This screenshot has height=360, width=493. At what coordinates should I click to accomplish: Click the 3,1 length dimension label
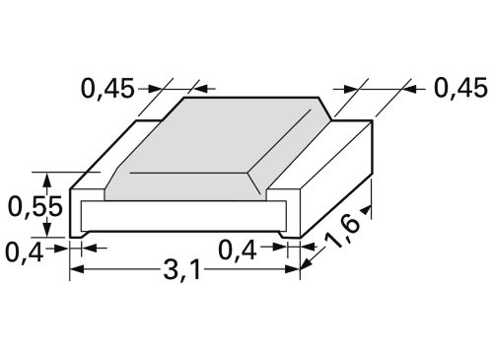pyautogui.click(x=181, y=270)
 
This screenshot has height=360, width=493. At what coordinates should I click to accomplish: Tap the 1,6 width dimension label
pyautogui.click(x=343, y=233)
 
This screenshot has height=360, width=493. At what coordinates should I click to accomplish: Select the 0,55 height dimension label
pyautogui.click(x=35, y=207)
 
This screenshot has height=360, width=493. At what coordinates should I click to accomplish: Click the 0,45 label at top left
pyautogui.click(x=107, y=88)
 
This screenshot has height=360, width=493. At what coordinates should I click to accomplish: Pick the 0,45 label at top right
pyautogui.click(x=460, y=88)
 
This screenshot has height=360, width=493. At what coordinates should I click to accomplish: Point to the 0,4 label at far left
pyautogui.click(x=25, y=252)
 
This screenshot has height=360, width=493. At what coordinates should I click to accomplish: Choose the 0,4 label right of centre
pyautogui.click(x=238, y=251)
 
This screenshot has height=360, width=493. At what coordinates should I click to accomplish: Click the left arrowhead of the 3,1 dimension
pyautogui.click(x=77, y=269)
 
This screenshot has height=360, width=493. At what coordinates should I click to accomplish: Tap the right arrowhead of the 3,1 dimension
pyautogui.click(x=293, y=269)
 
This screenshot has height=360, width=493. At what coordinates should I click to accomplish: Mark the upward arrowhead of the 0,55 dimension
pyautogui.click(x=47, y=180)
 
